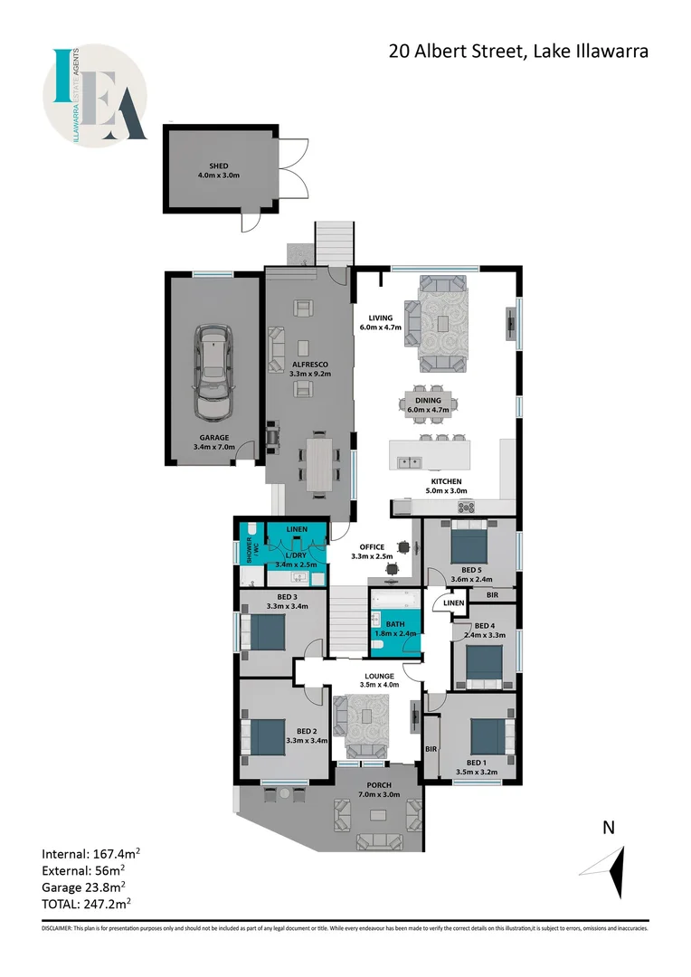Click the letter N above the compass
click(x=609, y=826)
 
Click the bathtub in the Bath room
click(x=394, y=599)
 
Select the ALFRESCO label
click(x=309, y=365)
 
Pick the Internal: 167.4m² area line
click(x=90, y=853)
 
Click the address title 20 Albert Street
click(x=518, y=52)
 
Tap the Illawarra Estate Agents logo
click(x=97, y=94)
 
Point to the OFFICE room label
click(x=372, y=547)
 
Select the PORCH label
click(x=378, y=784)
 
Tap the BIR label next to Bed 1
click(x=431, y=750)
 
